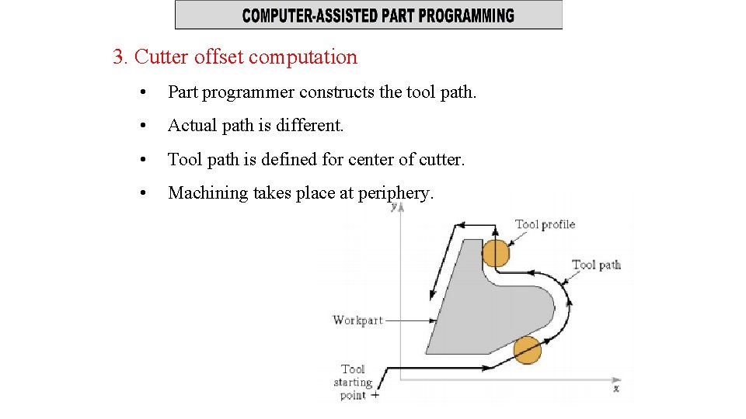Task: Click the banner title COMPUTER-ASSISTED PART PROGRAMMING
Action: (378, 16)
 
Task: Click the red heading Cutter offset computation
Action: (246, 57)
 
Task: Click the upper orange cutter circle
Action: (496, 253)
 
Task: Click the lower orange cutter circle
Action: (527, 350)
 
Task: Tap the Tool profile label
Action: (545, 225)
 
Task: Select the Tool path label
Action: (596, 265)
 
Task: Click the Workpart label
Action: (357, 320)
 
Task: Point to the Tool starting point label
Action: (353, 382)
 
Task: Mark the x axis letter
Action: (616, 388)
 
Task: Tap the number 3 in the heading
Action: (118, 57)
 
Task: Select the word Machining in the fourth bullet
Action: (207, 192)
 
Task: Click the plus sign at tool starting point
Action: (375, 395)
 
